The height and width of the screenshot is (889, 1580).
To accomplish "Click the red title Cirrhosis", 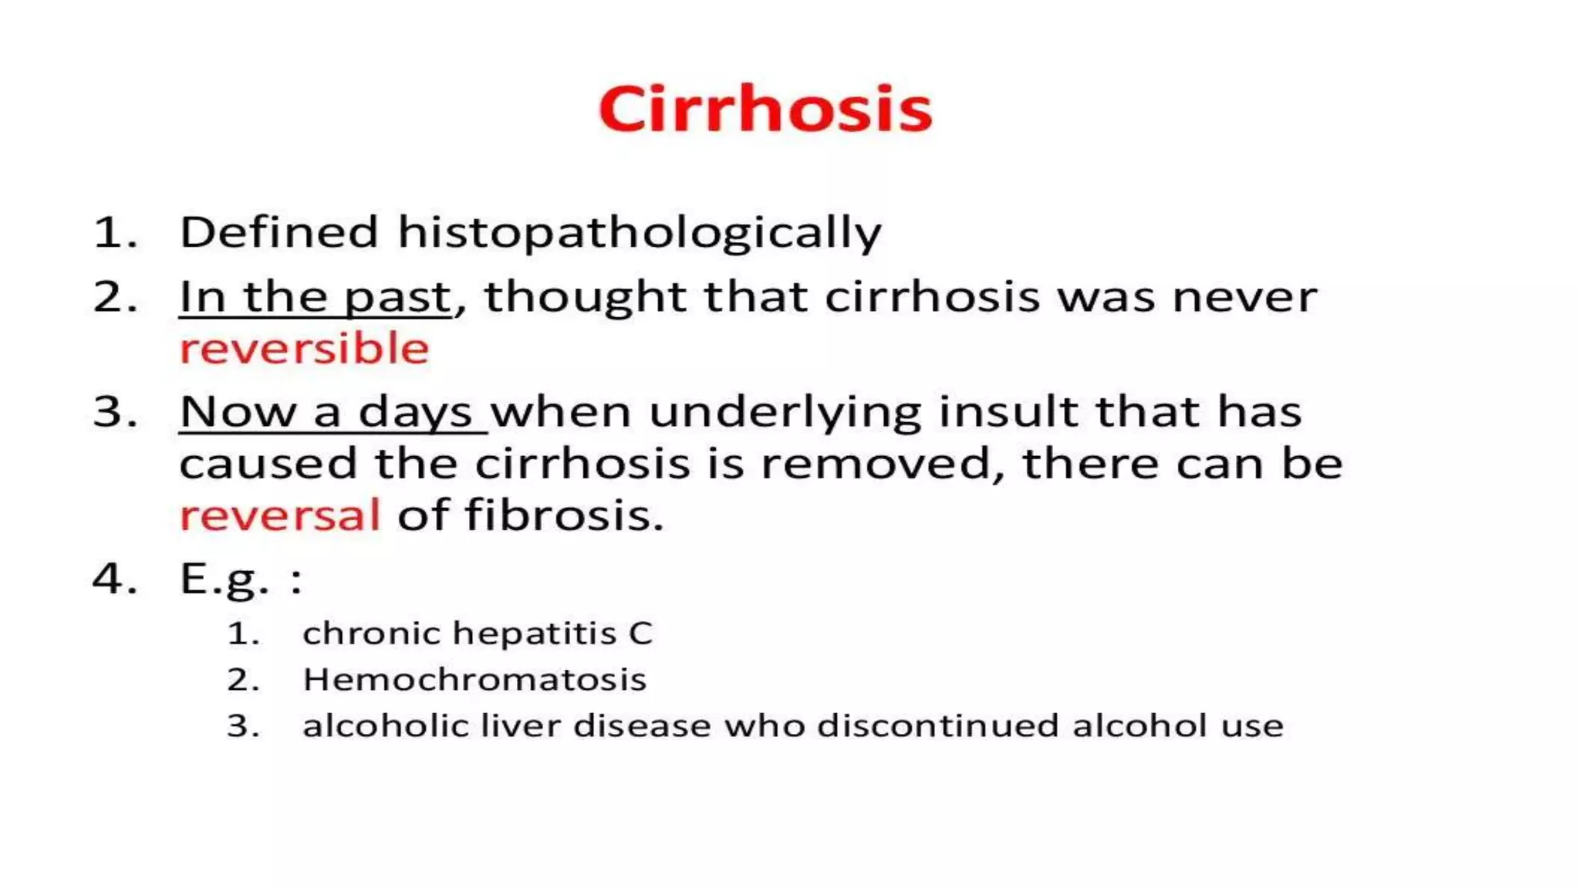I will coord(765,109).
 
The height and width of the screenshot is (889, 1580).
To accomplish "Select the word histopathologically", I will coord(639,232).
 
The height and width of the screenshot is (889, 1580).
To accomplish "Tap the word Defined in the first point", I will coord(279,232).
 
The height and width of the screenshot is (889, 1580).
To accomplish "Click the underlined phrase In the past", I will coord(315,298).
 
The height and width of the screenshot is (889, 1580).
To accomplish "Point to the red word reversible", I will coord(304,349).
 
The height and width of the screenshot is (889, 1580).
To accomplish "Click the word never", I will coord(1244,298).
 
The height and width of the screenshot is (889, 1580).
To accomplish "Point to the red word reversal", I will coord(280,515).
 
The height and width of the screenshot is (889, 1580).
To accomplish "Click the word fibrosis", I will coord(564,515).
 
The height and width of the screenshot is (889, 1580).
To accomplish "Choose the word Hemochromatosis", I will coord(474,680).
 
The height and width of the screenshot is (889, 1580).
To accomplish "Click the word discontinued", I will coord(937,726).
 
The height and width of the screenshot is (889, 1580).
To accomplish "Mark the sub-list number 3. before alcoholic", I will coord(242,726).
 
